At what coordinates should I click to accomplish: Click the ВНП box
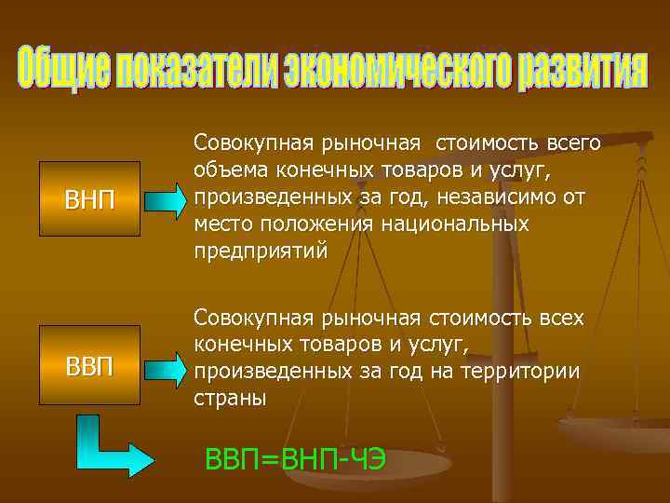(x=91, y=198)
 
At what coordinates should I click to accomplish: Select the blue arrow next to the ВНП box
(x=167, y=199)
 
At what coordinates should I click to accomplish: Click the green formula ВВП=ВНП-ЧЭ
(x=296, y=459)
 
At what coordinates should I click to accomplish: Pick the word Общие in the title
(x=64, y=66)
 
